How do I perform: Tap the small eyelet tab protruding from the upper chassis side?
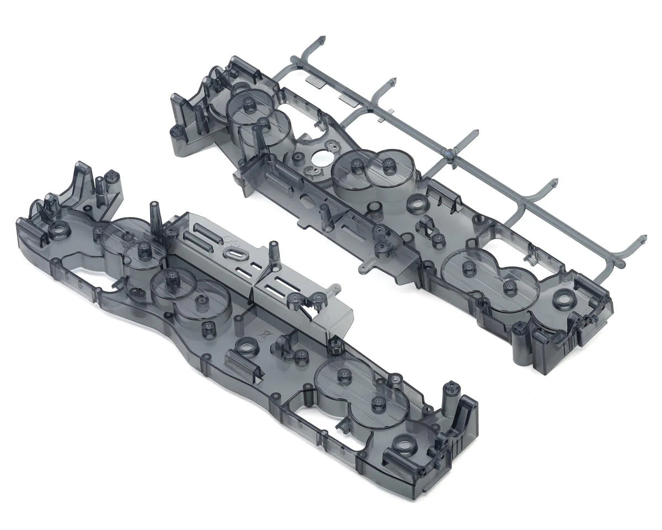click(x=364, y=269)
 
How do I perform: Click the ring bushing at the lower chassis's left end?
click(x=58, y=230)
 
